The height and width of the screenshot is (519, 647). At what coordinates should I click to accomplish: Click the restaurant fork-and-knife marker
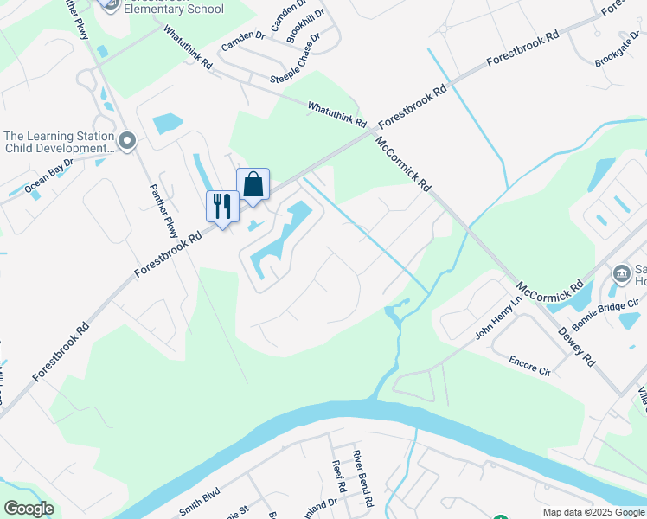(222, 207)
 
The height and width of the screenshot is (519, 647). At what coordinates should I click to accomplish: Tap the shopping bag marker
(253, 184)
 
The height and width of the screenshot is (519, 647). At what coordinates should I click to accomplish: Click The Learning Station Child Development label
(59, 142)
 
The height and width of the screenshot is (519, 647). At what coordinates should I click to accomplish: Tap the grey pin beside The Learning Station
(128, 140)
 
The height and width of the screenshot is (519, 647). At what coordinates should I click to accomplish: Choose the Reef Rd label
(339, 477)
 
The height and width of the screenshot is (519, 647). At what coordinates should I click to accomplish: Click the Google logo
(29, 508)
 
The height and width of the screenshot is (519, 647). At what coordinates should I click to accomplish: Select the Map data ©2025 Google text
(593, 512)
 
